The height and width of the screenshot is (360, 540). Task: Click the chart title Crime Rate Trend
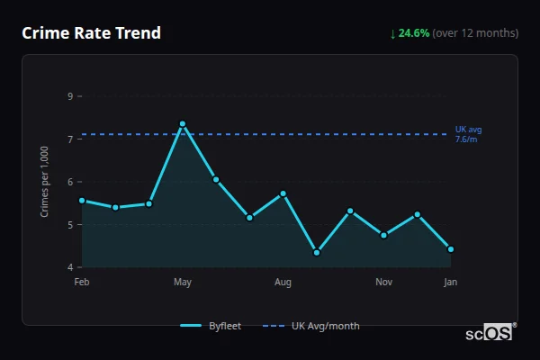(91, 33)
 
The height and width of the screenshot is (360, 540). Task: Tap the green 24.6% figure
(414, 33)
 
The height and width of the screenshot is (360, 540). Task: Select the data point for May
(183, 123)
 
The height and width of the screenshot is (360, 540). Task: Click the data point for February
(82, 201)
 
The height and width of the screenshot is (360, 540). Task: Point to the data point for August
(283, 193)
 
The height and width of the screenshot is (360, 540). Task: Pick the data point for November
(383, 235)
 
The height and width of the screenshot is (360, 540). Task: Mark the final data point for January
(450, 249)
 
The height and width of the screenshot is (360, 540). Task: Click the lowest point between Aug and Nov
(317, 252)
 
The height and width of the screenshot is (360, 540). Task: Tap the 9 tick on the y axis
(70, 96)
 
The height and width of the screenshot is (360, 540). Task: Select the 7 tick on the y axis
(70, 139)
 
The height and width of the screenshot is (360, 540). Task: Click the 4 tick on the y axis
(70, 267)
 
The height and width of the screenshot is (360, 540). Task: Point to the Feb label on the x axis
(82, 283)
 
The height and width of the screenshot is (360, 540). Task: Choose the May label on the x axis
(183, 283)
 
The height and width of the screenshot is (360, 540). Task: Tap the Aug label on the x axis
(283, 283)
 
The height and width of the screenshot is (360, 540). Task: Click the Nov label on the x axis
(383, 283)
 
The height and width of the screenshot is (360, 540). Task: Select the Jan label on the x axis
(450, 283)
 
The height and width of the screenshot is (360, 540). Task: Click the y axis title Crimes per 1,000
(45, 182)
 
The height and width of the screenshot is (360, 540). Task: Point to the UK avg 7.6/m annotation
(468, 134)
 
